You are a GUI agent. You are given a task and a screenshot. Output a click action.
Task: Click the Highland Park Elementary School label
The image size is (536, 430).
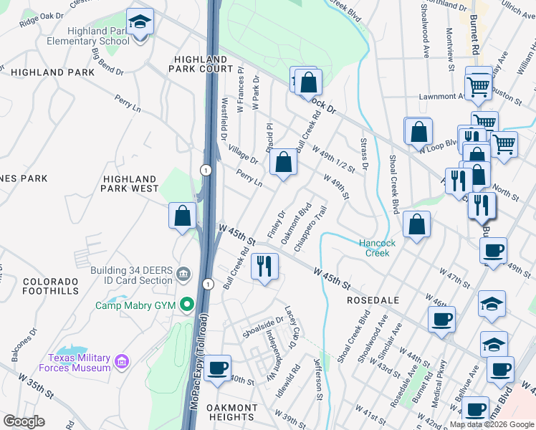(x=99, y=36)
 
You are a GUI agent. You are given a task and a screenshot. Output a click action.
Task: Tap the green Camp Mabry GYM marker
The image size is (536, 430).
(x=187, y=305)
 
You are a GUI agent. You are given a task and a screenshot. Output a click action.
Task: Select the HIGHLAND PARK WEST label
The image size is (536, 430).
(x=130, y=183)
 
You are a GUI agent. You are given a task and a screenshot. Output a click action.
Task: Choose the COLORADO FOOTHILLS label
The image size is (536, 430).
(x=50, y=287)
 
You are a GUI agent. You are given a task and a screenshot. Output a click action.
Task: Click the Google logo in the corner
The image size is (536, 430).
(x=24, y=421)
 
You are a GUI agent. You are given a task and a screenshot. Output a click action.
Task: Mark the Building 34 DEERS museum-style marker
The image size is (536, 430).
(x=183, y=273)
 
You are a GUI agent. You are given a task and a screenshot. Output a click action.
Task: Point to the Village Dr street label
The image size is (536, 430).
(x=243, y=152)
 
